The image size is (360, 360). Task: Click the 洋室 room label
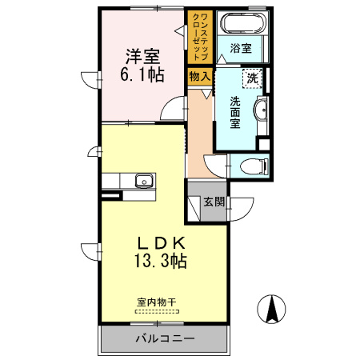142,58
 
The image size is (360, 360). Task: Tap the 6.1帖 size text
142,76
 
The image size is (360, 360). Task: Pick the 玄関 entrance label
214,202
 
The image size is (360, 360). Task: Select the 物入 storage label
200,77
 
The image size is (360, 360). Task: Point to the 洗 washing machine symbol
253,78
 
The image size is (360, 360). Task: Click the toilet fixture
251,166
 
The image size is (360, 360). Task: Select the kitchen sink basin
143,179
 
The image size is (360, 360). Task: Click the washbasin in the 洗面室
261,110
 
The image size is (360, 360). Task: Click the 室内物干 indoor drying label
156,302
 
